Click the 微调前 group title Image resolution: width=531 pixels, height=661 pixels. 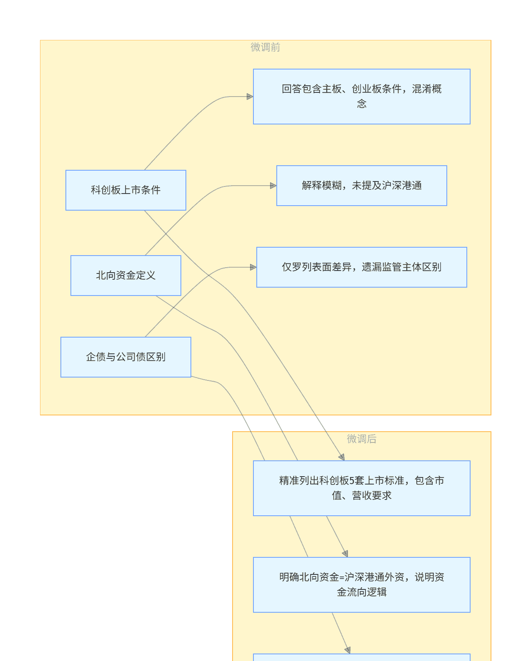(265, 47)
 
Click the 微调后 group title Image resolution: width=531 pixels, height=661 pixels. (361, 439)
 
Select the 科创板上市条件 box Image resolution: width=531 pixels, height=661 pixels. (125, 190)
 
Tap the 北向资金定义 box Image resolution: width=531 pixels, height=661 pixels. (125, 276)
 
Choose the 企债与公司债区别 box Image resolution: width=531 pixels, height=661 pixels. (125, 357)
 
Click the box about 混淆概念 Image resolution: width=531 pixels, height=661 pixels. (361, 97)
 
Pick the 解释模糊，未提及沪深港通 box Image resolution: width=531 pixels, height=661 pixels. (361, 186)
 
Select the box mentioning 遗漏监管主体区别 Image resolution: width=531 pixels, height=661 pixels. (361, 267)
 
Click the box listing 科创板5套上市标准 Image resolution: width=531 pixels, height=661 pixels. (361, 488)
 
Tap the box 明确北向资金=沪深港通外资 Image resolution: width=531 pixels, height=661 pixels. (361, 585)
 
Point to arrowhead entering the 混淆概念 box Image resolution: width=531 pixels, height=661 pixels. (250, 97)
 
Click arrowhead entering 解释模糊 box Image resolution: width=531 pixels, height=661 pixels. (273, 186)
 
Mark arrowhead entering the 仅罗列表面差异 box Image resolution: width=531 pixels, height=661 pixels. (253, 267)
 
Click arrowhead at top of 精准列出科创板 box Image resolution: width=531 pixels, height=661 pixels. (342, 457)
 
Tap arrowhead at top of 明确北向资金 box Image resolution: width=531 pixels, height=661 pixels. (345, 554)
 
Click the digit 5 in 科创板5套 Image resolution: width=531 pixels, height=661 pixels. (351, 481)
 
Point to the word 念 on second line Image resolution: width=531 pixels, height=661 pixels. (361, 104)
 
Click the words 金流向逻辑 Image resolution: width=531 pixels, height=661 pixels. (361, 592)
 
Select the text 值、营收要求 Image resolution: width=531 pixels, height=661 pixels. (361, 496)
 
